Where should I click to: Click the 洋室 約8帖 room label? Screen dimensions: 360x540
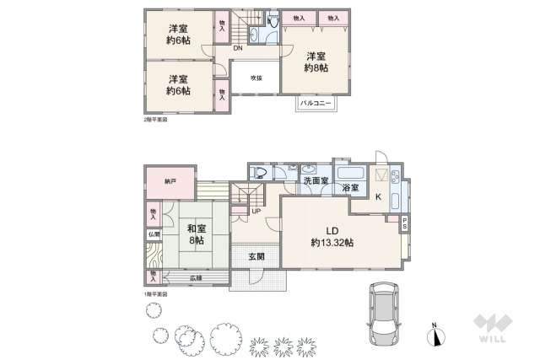tap(316, 61)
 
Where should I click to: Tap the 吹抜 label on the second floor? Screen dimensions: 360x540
tap(256, 78)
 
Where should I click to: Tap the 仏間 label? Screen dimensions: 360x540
tap(154, 234)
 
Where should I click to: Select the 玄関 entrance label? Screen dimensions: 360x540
tap(256, 255)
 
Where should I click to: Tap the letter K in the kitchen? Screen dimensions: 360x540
tap(378, 198)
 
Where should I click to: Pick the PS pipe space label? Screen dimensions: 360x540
tap(404, 223)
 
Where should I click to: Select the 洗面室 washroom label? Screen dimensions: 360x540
tap(316, 180)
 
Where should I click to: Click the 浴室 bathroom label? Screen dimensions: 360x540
tap(348, 187)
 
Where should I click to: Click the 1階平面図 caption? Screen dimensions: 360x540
tap(154, 294)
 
